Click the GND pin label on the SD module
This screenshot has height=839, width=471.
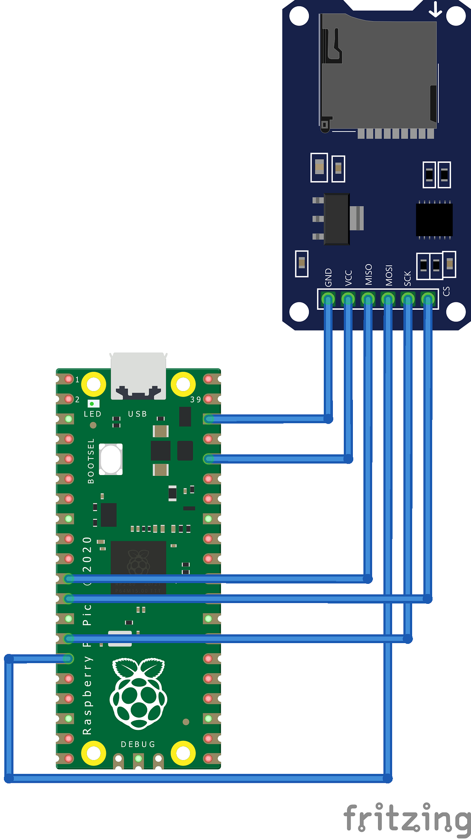click(x=329, y=278)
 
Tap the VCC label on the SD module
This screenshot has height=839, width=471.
click(x=348, y=278)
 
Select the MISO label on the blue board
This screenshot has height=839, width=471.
click(x=368, y=275)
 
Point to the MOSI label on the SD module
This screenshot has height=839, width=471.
click(x=389, y=276)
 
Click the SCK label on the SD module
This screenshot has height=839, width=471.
click(x=407, y=278)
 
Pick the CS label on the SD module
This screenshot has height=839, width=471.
click(x=446, y=291)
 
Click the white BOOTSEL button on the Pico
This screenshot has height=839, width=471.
click(x=111, y=459)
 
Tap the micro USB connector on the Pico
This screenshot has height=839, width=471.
click(x=138, y=376)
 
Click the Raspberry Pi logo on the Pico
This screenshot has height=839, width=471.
click(x=139, y=693)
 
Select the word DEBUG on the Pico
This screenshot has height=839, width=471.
click(x=138, y=744)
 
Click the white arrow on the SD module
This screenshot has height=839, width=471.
click(x=435, y=10)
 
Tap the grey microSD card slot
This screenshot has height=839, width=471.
click(x=378, y=73)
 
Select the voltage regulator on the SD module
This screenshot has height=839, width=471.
click(x=337, y=219)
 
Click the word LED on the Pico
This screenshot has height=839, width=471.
click(x=93, y=414)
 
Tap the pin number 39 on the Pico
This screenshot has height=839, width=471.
click(x=195, y=400)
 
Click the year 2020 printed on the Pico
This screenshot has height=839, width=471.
click(x=87, y=554)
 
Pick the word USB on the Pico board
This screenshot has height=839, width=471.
click(x=137, y=414)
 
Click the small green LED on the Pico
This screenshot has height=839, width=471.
click(x=92, y=404)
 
